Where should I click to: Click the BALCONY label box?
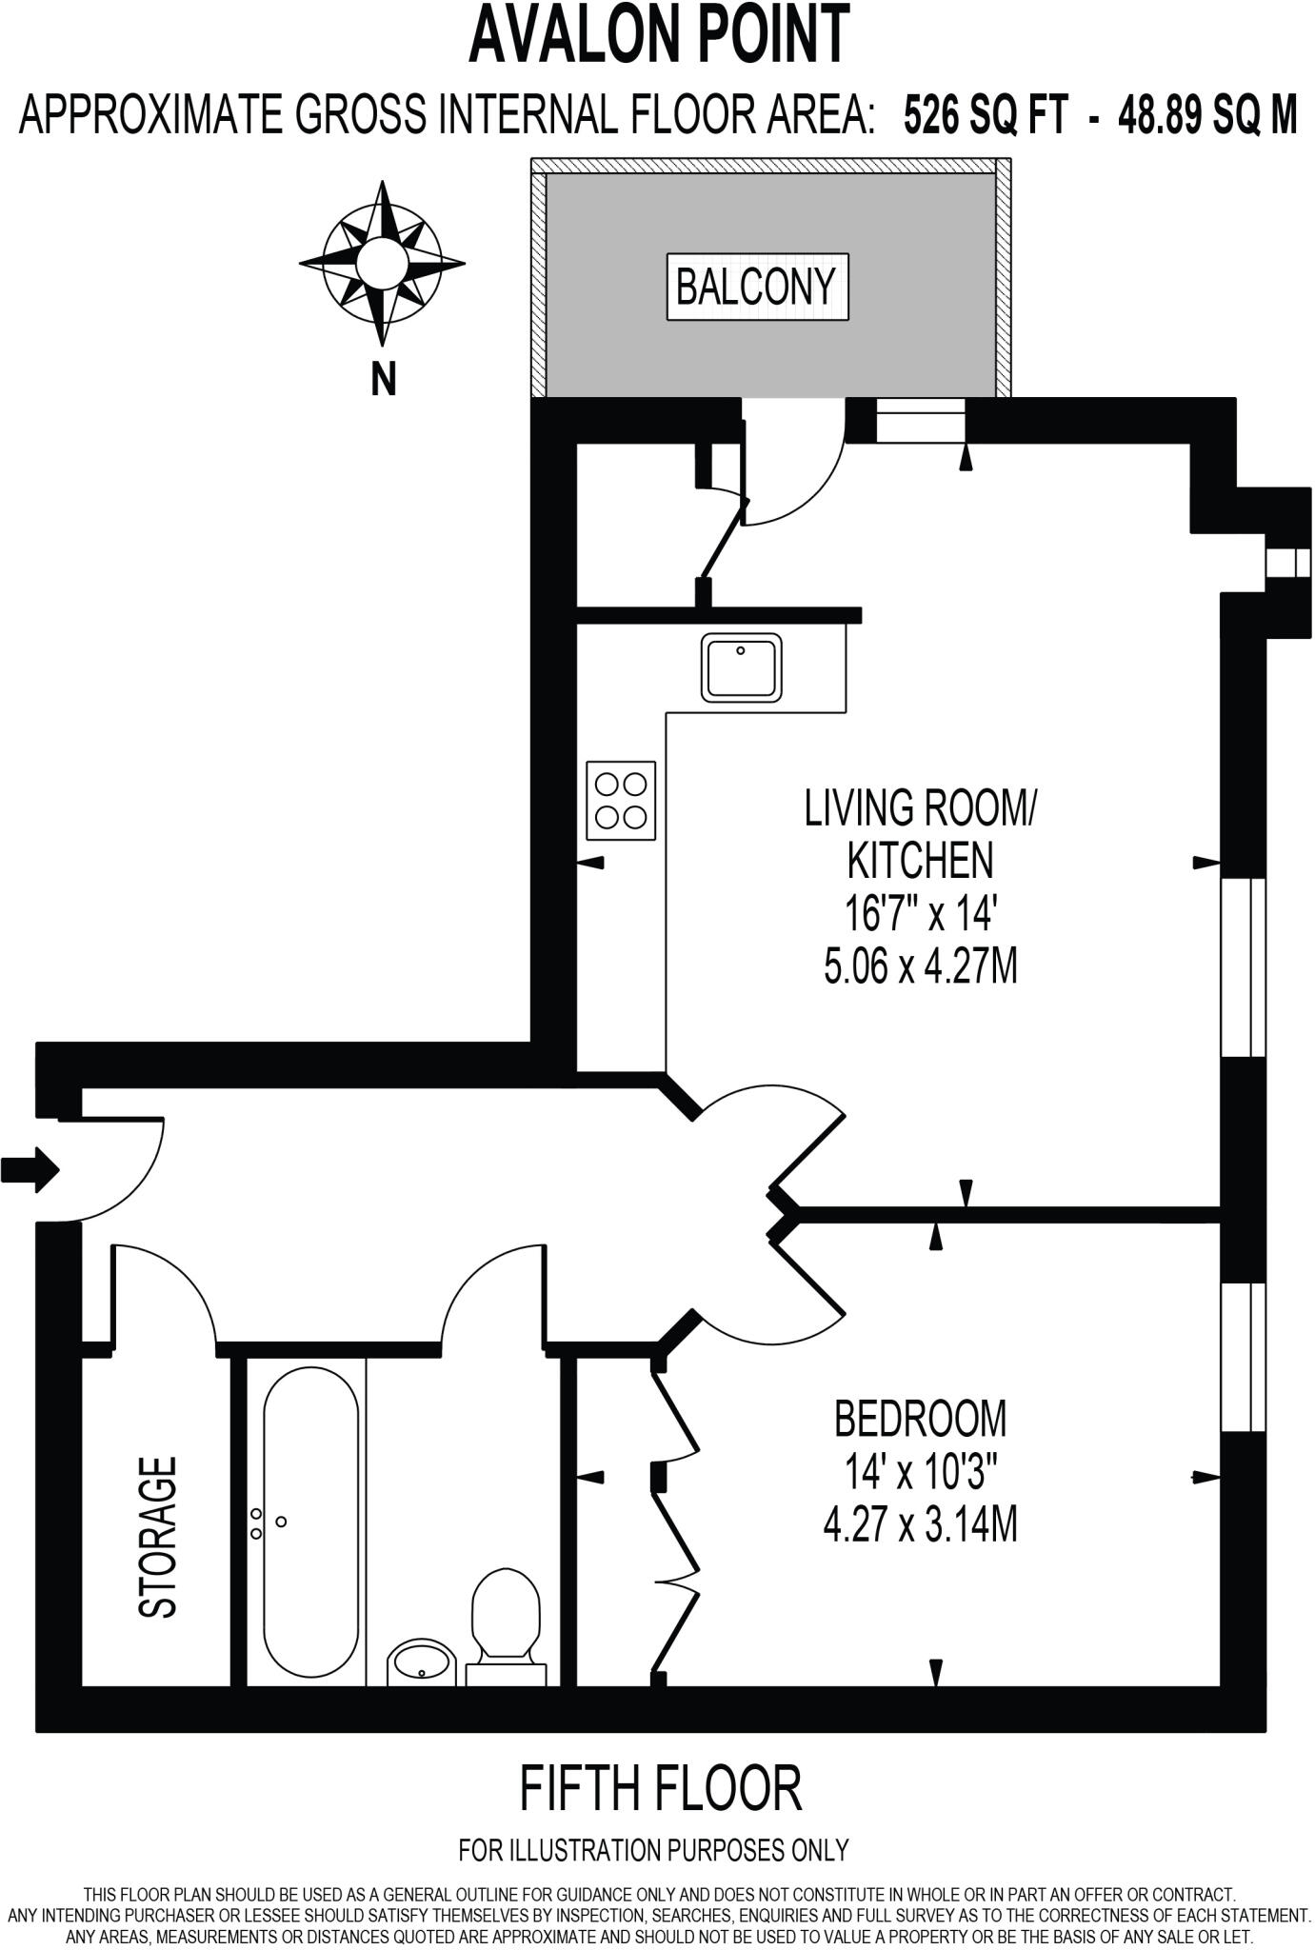point(756,286)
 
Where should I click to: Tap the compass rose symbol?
point(382,262)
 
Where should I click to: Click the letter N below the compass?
point(383,380)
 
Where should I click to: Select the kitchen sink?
point(742,667)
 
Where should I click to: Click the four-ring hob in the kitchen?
point(621,800)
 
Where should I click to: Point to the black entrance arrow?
point(30,1168)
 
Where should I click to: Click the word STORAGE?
point(158,1537)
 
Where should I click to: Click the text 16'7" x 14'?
point(920,915)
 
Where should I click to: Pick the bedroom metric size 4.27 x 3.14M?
point(920,1525)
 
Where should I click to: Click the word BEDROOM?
point(920,1418)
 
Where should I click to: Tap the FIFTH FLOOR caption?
point(660,1788)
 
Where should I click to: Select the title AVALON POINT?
point(658,34)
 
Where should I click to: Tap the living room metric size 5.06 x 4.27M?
point(920,967)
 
